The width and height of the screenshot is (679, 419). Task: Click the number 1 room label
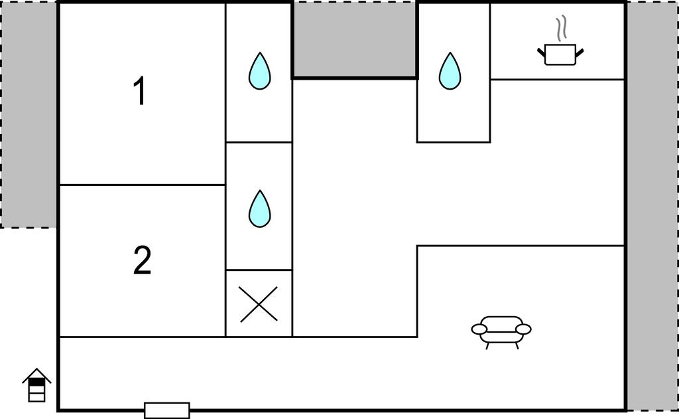(139, 92)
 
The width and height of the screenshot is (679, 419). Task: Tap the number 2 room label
(142, 261)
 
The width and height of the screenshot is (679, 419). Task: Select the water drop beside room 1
(259, 71)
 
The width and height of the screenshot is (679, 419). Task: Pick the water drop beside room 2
(259, 209)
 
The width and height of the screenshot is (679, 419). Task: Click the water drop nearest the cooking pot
(450, 71)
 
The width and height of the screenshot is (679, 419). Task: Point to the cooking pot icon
(560, 54)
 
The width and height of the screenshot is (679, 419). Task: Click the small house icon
(36, 385)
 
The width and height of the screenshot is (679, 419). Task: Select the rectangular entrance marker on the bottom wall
(166, 410)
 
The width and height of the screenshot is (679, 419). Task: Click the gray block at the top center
(355, 39)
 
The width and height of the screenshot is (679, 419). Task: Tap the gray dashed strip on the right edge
(652, 206)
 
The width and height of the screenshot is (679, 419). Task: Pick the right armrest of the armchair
(523, 329)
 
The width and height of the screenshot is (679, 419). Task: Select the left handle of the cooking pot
(541, 50)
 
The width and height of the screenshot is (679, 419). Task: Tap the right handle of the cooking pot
(580, 50)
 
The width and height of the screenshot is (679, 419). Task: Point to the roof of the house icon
(36, 375)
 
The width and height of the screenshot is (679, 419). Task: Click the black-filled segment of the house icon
(37, 383)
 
